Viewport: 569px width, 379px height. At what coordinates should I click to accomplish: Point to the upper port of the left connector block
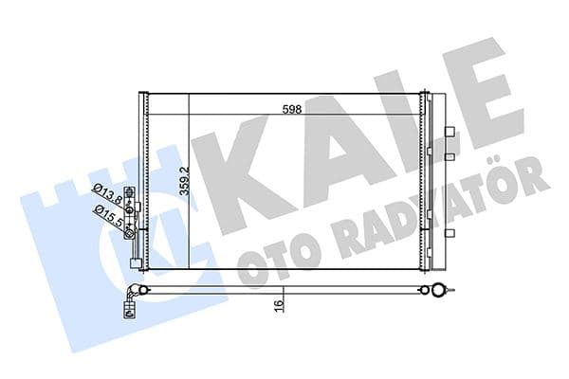(x=138, y=206)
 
